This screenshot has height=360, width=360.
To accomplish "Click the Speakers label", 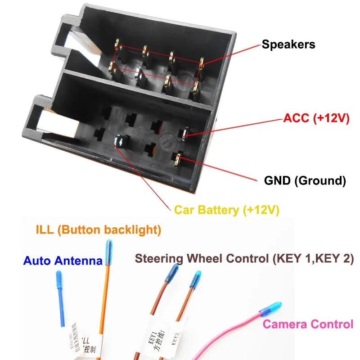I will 288,45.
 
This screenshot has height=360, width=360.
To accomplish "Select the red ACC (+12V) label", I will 316,118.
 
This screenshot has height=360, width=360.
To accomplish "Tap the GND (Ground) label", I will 305,181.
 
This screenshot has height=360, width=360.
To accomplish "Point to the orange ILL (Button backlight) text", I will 98,230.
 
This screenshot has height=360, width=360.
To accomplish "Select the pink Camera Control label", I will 308,324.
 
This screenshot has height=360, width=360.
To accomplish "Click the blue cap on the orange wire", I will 108,252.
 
